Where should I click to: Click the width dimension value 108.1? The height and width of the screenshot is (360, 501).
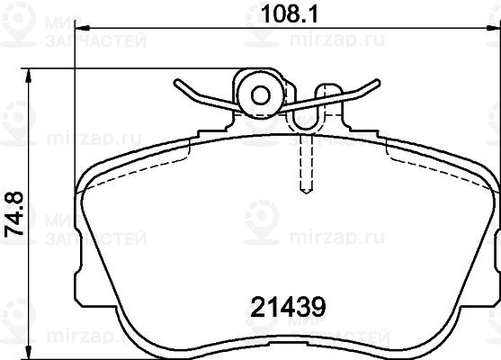pyautogui.click(x=289, y=13)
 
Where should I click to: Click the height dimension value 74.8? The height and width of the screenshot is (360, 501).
pyautogui.click(x=14, y=214)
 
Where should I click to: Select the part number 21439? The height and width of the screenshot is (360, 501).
pyautogui.click(x=288, y=307)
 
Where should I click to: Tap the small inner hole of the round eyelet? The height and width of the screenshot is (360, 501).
pyautogui.click(x=261, y=95)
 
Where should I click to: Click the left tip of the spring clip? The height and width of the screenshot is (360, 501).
pyautogui.click(x=175, y=82)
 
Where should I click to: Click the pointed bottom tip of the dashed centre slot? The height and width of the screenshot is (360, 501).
pyautogui.click(x=306, y=193)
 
